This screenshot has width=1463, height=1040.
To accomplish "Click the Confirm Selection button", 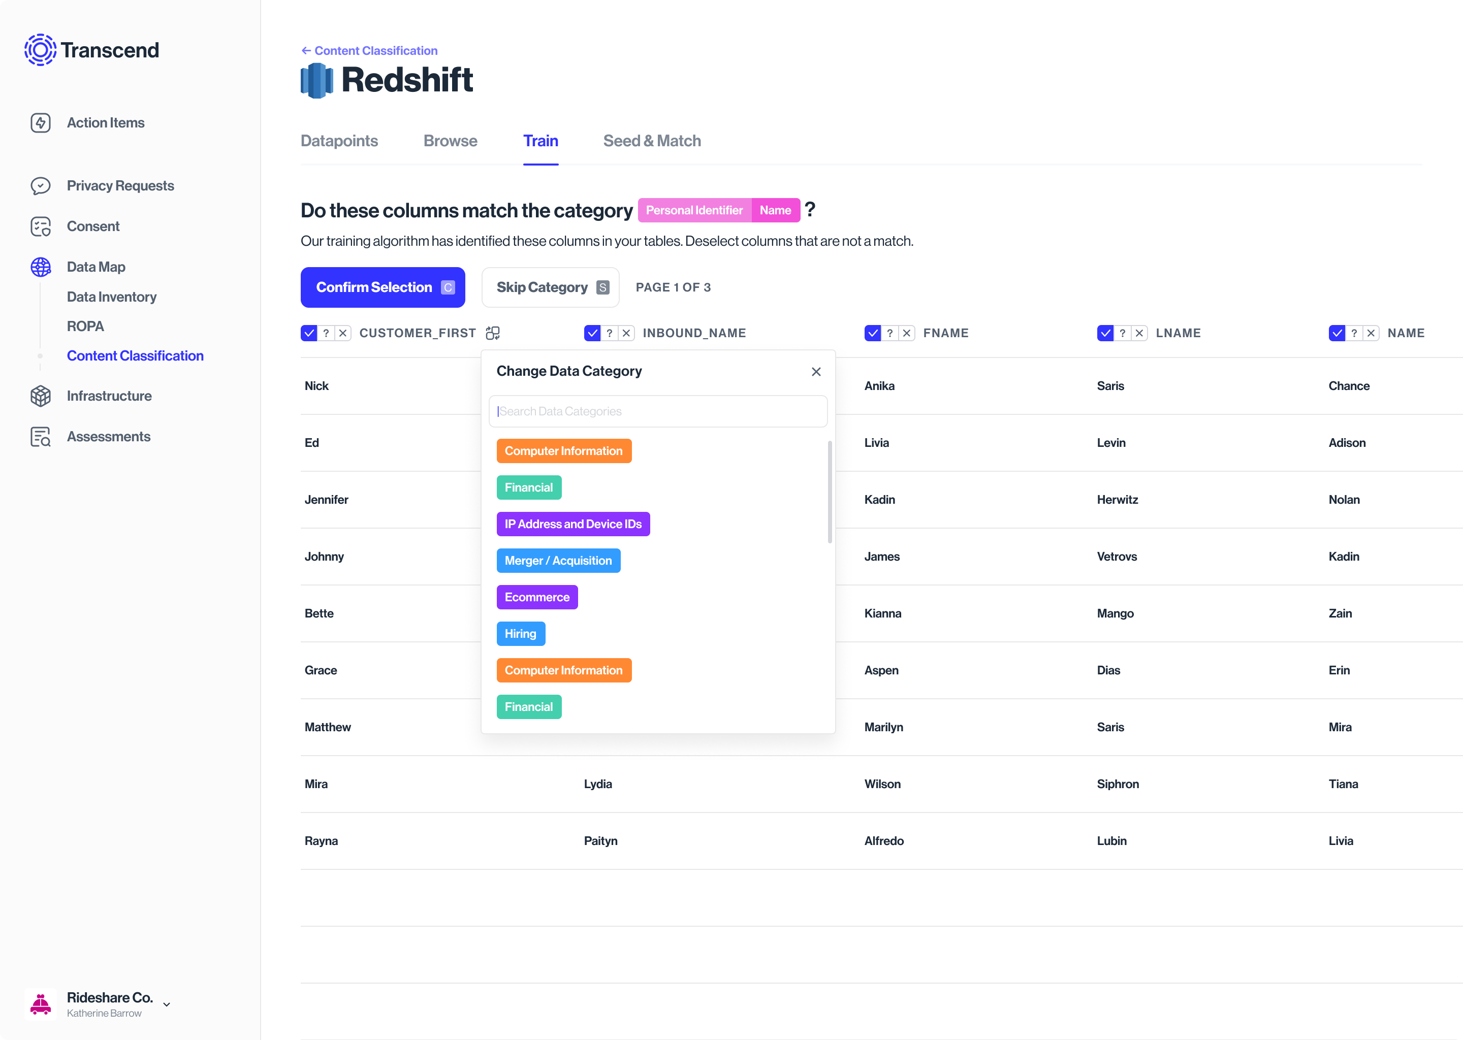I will [x=383, y=287].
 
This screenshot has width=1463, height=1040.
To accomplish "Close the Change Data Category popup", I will [x=815, y=371].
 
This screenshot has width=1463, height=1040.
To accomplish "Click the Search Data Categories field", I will [x=657, y=411].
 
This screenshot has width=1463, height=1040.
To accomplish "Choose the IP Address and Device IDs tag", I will [x=573, y=524].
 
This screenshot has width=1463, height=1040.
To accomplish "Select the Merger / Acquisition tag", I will [x=558, y=560].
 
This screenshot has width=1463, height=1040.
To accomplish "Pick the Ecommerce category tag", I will [x=537, y=597].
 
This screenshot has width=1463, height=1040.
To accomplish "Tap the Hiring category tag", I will [x=520, y=633].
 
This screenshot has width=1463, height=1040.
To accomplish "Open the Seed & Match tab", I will [x=651, y=141].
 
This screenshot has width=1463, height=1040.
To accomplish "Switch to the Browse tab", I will [x=450, y=141].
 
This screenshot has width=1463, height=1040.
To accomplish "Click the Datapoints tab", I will [x=339, y=141].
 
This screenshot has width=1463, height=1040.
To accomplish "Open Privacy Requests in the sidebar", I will [x=120, y=186].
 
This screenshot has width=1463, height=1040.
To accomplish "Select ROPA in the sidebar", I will [x=85, y=326].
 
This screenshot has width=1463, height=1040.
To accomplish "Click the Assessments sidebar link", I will [x=108, y=437].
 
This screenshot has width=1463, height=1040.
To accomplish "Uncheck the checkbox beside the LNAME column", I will [x=1105, y=333].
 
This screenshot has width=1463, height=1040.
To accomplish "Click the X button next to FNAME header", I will [x=906, y=333].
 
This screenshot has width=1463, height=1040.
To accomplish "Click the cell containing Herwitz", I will [x=1117, y=500].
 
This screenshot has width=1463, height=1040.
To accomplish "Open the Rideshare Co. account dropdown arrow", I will [x=167, y=1004].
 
